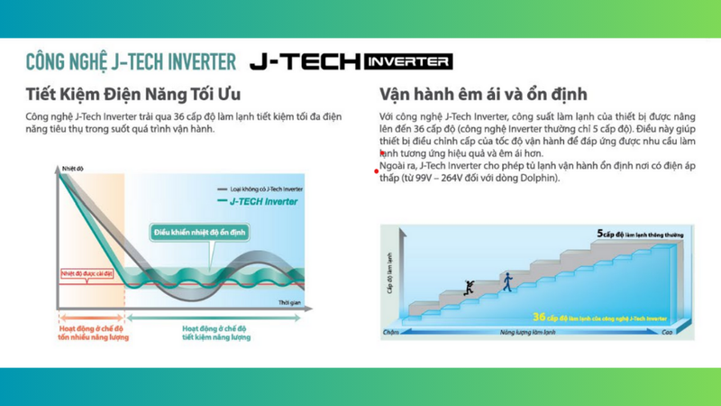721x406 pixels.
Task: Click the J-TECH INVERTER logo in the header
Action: pos(351,61)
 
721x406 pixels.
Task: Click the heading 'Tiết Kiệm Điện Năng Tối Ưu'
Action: pos(133,94)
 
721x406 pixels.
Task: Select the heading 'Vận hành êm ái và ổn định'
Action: pos(483,94)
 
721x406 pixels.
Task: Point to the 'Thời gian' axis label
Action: pos(289,302)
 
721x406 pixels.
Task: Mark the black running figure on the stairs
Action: pos(468,288)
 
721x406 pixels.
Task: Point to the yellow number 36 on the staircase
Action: pos(538,317)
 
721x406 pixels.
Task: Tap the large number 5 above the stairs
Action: pos(599,233)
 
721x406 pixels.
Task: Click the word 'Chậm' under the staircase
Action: pos(390,332)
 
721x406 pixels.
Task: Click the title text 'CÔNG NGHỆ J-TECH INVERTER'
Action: pos(131,61)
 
